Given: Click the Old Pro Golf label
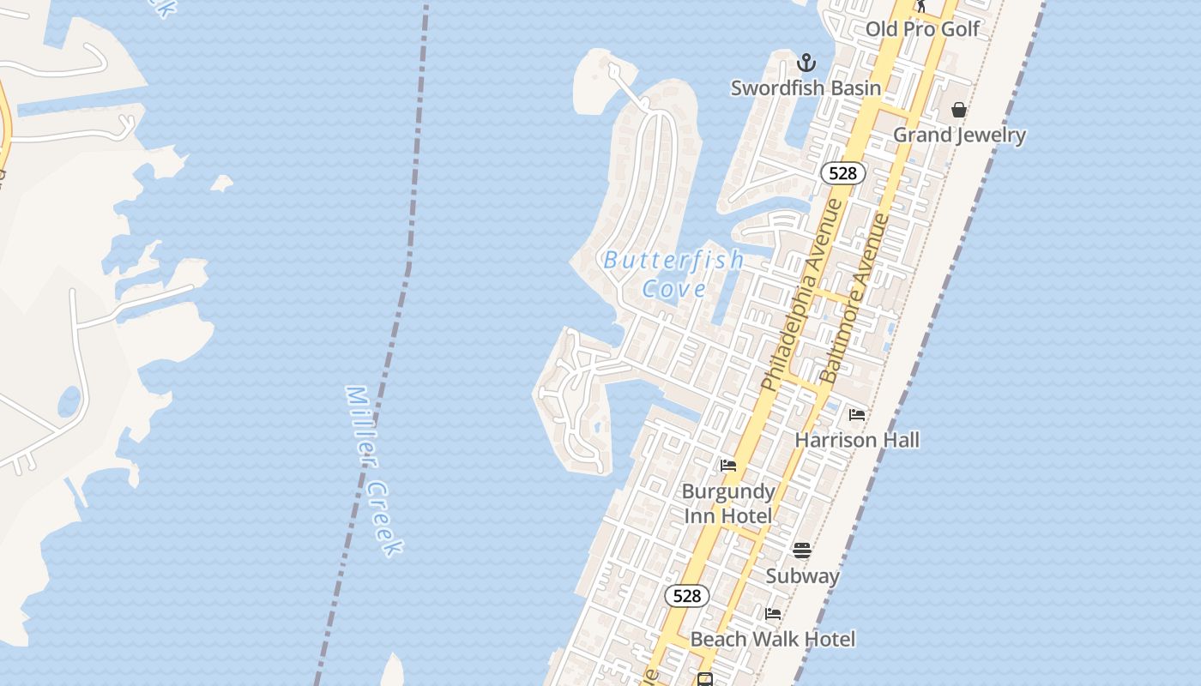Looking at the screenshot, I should [x=922, y=29].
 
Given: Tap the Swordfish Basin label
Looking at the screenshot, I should [x=806, y=88].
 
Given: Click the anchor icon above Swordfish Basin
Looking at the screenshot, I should [x=806, y=63].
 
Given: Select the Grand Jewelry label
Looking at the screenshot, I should [x=959, y=135].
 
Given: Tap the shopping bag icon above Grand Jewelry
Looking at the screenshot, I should [x=959, y=110].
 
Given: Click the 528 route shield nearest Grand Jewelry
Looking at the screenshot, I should [x=843, y=173].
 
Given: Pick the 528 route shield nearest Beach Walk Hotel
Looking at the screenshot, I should [x=687, y=596].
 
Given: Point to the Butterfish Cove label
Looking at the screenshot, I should [x=673, y=274].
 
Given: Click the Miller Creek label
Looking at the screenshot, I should [x=374, y=470].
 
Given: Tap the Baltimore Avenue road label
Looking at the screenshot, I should [x=854, y=298].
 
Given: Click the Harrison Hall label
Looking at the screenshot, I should [x=857, y=441].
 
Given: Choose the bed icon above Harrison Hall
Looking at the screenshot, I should [x=857, y=415].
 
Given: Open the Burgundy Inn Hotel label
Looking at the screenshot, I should [x=728, y=503].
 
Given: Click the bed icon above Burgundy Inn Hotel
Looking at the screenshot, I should [x=728, y=466].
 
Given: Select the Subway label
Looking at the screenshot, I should [x=802, y=576].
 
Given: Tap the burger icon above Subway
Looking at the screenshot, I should [x=802, y=550].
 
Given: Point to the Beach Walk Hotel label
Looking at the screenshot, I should [x=772, y=640].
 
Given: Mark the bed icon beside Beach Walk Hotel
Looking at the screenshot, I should [x=773, y=614].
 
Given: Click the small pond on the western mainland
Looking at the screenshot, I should [x=69, y=401].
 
